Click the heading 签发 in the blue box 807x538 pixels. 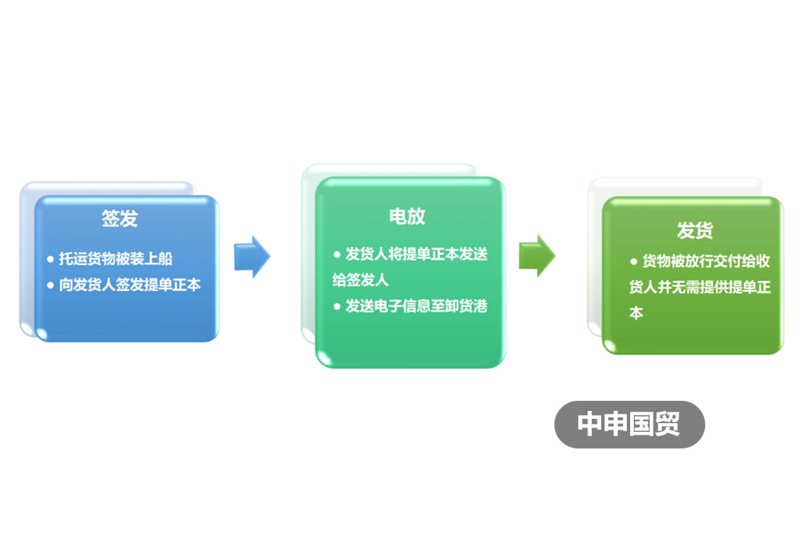119,218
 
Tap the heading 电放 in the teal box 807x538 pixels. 407,216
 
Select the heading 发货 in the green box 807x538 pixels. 695,230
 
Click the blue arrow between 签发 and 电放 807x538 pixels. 252,256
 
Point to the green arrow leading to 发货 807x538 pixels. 537,256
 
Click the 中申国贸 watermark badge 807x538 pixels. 629,424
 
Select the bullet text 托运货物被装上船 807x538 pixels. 115,259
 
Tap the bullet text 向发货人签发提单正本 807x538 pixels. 130,285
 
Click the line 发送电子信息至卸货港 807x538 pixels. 416,306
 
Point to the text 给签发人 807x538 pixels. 360,280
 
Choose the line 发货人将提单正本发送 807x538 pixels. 416,253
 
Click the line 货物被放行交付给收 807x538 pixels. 706,261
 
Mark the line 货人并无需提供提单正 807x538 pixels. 700,287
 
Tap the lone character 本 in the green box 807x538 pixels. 636,313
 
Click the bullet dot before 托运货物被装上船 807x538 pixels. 51,259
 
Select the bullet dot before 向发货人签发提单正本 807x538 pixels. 51,285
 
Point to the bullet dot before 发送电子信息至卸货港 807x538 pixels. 337,307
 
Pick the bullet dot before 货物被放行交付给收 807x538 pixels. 634,261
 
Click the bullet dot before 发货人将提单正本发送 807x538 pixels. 337,254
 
